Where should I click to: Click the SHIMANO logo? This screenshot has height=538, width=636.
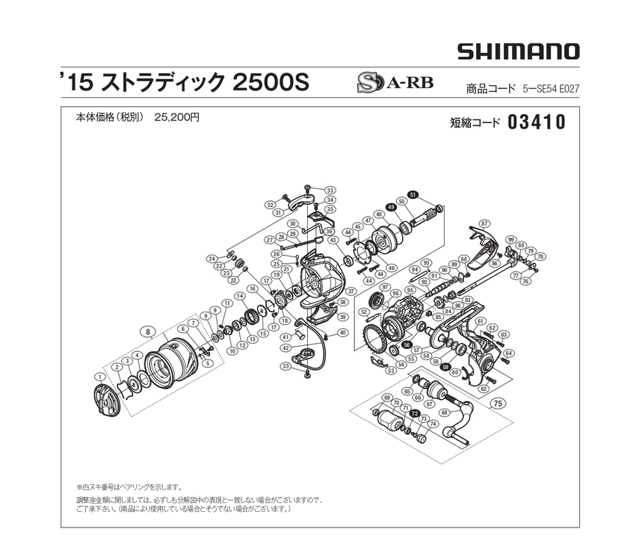point(518,52)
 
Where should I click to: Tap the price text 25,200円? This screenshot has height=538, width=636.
point(177,117)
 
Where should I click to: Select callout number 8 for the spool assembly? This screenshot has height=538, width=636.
point(149,330)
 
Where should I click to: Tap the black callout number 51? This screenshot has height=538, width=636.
point(414,194)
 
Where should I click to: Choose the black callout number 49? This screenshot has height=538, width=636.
point(390,208)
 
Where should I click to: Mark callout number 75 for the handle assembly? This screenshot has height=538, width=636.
point(498,403)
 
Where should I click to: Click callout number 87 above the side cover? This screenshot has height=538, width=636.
point(484,223)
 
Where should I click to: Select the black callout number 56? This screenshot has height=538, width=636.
point(407,344)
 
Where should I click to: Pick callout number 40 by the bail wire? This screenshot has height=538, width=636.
point(342,333)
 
